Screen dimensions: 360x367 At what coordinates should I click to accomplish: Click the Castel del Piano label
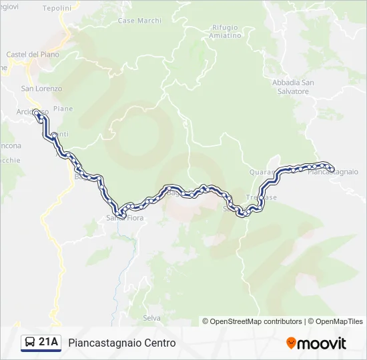coord(32,55)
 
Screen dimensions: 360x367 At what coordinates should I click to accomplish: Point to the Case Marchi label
coord(139,21)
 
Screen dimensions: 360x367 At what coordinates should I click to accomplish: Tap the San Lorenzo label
coord(41,89)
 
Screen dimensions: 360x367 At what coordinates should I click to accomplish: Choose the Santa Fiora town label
coord(124,218)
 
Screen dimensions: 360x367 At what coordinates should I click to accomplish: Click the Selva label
coord(151,318)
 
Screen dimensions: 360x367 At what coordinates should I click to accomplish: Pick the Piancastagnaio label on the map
coord(334,172)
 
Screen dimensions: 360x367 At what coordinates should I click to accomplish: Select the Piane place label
coord(63,109)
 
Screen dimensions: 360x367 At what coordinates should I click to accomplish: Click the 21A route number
coord(49,343)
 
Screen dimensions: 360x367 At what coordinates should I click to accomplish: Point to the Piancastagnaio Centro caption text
coord(122,343)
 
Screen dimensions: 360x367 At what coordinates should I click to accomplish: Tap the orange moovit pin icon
coord(291,343)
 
